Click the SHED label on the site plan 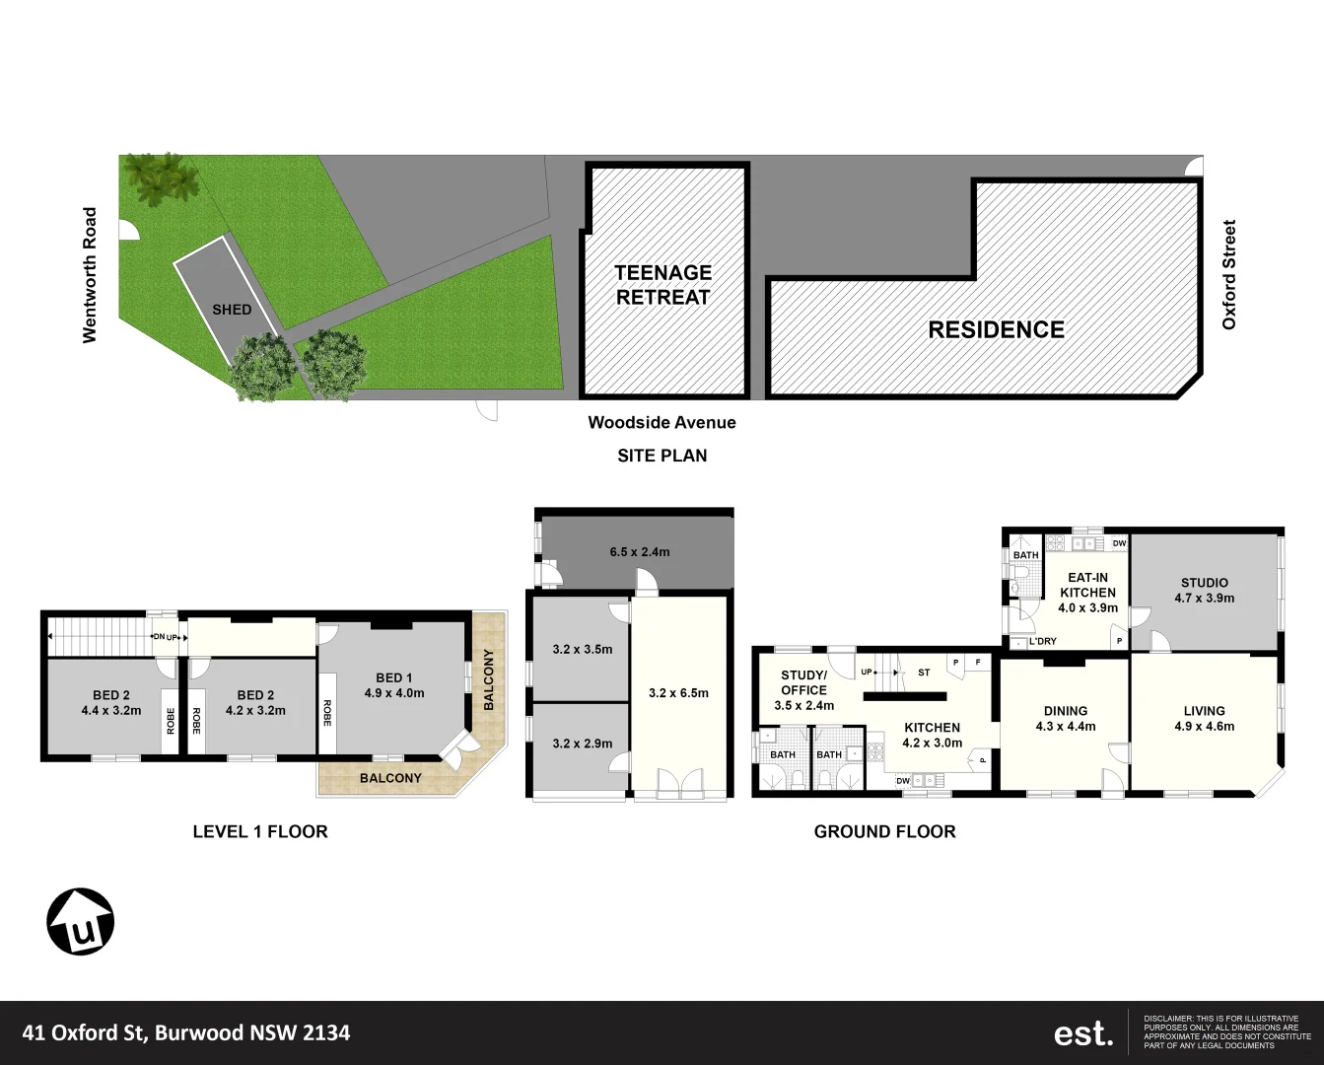232,310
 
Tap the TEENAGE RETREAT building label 662,285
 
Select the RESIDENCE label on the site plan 996,330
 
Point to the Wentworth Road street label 90,275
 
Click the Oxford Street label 1228,275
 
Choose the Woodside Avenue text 662,423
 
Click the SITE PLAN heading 662,456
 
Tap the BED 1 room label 393,685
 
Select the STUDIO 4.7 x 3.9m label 1204,590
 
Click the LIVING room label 1204,718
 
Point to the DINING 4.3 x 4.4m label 1066,718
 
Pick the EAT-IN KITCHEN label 1087,592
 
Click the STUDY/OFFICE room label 803,690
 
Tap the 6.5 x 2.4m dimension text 639,552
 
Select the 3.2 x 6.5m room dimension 678,693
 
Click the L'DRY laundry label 1042,642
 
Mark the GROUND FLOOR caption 884,832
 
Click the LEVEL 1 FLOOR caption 260,832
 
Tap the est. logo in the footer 1083,1033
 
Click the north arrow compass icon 81,922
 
